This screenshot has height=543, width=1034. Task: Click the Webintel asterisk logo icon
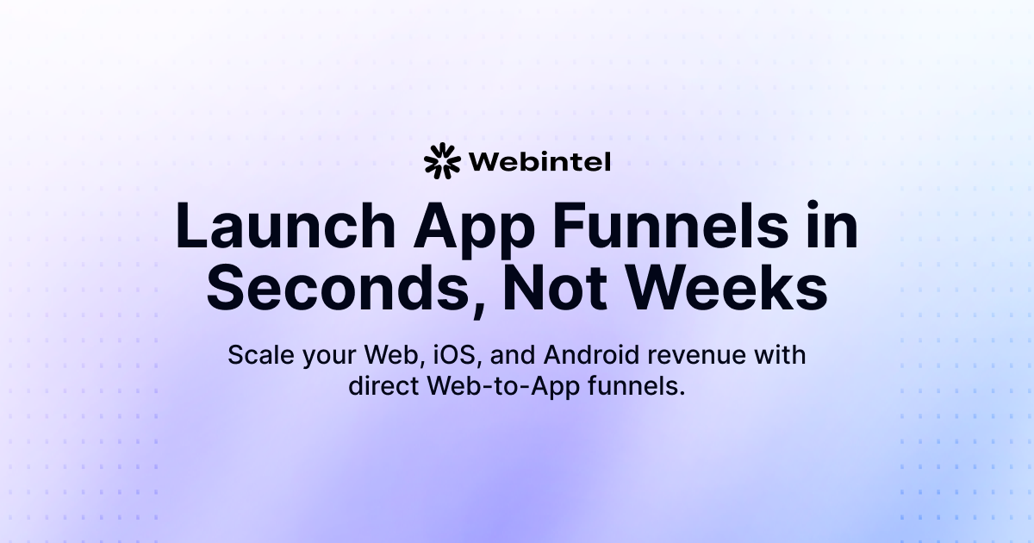[x=443, y=160]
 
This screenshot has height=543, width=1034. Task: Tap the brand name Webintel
[x=539, y=161]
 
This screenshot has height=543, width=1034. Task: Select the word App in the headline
[x=458, y=228]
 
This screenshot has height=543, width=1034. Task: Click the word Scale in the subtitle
[x=258, y=355]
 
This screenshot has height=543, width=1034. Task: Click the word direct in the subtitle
[x=383, y=386]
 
